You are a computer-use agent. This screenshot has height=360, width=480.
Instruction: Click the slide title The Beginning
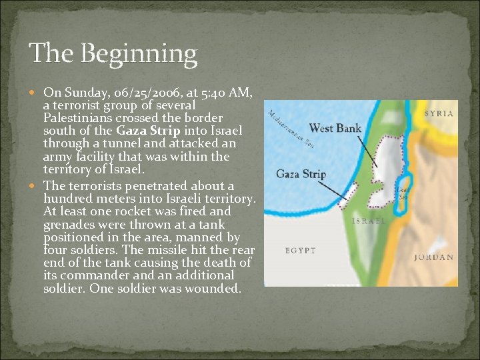pos(113,53)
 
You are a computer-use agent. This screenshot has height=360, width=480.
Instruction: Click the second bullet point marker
pos(35,187)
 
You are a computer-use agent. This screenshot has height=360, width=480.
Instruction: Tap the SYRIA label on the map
pos(439,113)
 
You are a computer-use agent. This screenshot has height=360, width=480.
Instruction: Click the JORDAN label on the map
pos(433,257)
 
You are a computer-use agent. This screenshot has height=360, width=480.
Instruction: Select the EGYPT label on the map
pos(300,251)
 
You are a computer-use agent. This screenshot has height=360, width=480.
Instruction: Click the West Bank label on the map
pos(335,127)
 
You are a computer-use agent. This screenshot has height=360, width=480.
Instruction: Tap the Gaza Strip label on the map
pos(301,175)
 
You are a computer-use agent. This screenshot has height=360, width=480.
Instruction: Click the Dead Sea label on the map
pos(403,193)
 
